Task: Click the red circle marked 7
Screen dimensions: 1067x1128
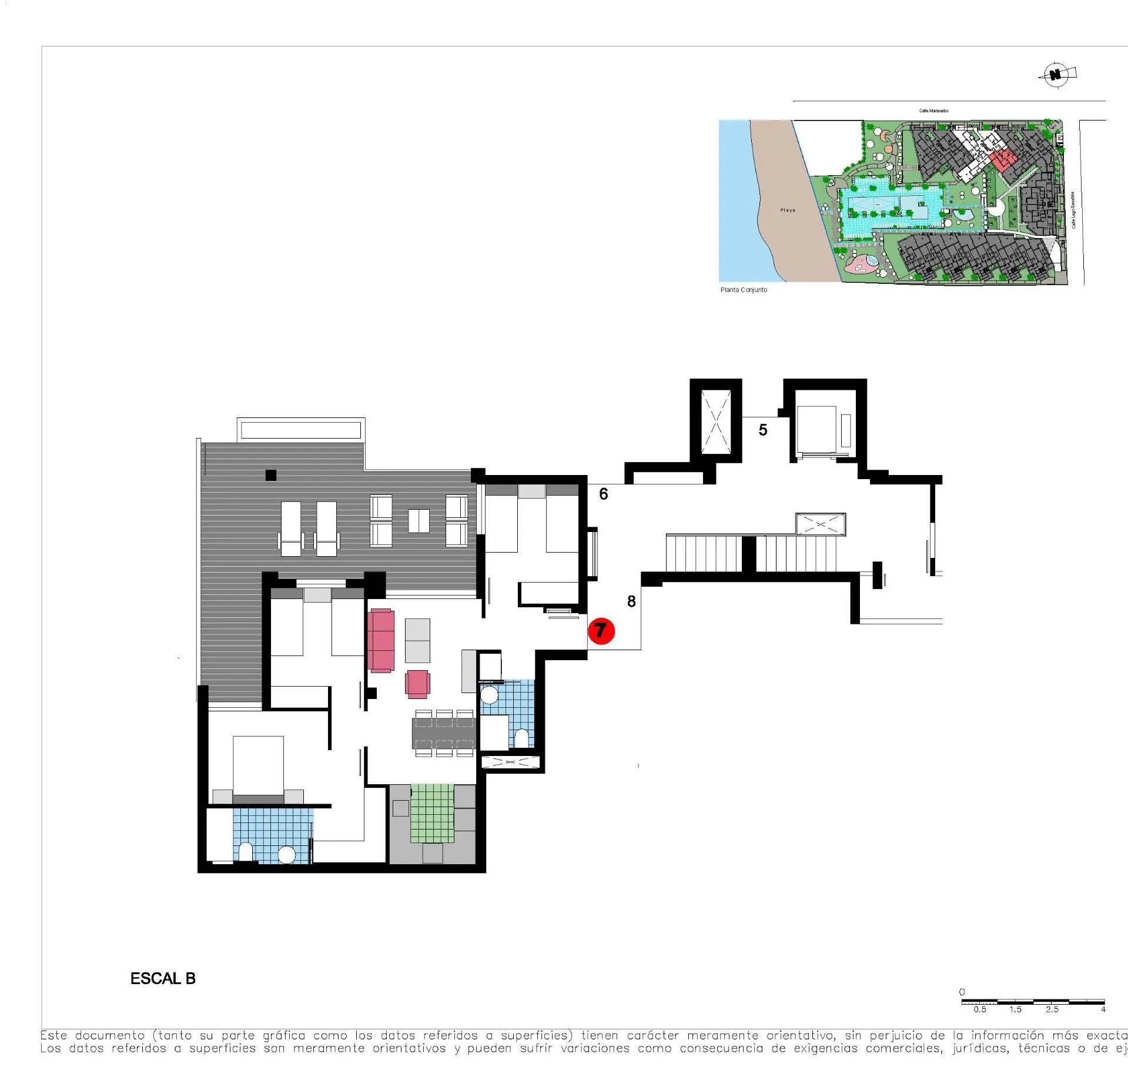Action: click(601, 631)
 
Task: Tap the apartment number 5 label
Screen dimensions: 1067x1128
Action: click(762, 430)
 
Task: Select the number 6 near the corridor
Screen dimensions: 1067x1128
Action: click(603, 494)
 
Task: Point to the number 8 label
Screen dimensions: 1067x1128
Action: click(631, 601)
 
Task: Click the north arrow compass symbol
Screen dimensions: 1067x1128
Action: click(1057, 75)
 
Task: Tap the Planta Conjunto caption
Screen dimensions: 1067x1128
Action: click(744, 290)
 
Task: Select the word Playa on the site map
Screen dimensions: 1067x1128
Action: click(787, 210)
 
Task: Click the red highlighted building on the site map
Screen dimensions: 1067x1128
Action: click(1002, 159)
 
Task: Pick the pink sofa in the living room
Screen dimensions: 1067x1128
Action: click(381, 640)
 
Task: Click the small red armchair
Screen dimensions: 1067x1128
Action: click(417, 684)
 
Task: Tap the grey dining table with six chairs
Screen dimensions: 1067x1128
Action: click(444, 733)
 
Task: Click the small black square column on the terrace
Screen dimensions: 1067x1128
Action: click(270, 475)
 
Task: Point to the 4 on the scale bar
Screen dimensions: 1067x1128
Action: click(1103, 1009)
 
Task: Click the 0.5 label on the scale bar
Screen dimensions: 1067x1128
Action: click(979, 1009)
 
